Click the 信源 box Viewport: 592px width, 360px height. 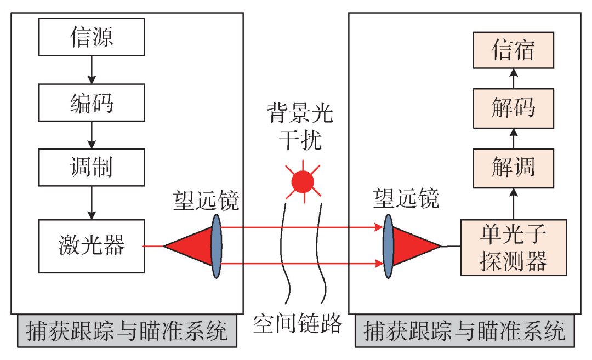[92, 37]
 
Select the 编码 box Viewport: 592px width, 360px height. [92, 102]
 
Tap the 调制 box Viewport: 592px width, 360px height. [92, 167]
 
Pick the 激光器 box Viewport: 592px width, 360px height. [92, 246]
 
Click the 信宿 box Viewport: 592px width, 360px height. [514, 50]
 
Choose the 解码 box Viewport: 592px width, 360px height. [514, 108]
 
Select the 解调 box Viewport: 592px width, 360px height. [514, 168]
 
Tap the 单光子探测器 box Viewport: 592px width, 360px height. [514, 248]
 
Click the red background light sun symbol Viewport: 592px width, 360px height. [303, 182]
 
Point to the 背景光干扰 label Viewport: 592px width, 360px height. [300, 127]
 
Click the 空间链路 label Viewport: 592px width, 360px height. [298, 323]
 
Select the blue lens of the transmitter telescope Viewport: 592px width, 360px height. [217, 246]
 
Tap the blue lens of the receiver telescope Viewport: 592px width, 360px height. [388, 246]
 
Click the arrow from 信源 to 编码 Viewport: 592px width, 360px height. [92, 70]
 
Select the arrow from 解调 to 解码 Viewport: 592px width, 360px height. [514, 139]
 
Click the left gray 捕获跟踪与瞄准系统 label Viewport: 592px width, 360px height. [127, 331]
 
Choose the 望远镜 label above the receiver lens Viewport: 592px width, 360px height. [406, 198]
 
